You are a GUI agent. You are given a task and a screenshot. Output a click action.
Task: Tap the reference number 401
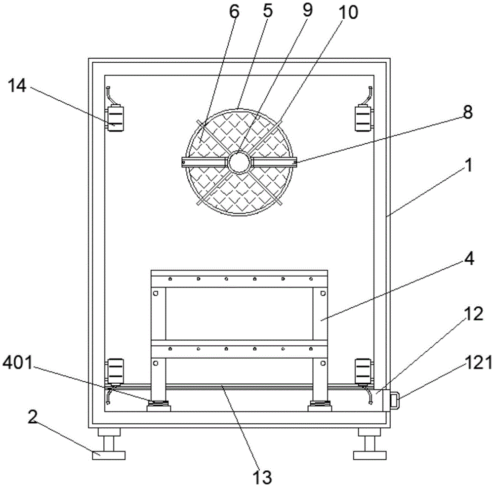[x=18, y=363]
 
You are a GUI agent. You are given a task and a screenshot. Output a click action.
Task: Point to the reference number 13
[x=263, y=477]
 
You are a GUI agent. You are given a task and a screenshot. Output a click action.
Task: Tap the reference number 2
[x=32, y=417]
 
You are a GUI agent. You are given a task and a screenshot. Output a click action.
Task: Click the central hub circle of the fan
[x=240, y=162]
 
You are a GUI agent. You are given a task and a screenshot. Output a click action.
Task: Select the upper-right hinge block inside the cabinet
[x=364, y=119]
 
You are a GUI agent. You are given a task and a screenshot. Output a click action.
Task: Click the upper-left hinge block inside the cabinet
[x=115, y=119]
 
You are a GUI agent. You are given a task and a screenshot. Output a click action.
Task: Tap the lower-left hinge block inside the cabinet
[x=115, y=371]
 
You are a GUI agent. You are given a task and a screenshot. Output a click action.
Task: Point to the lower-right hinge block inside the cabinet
[x=364, y=371]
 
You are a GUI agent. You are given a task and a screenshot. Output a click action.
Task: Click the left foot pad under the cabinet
[x=109, y=455]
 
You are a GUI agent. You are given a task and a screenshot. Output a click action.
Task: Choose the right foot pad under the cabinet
[x=370, y=455]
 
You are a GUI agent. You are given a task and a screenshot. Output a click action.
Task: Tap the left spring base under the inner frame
[x=159, y=406]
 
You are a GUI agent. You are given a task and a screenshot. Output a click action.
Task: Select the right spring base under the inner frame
[x=320, y=406]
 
